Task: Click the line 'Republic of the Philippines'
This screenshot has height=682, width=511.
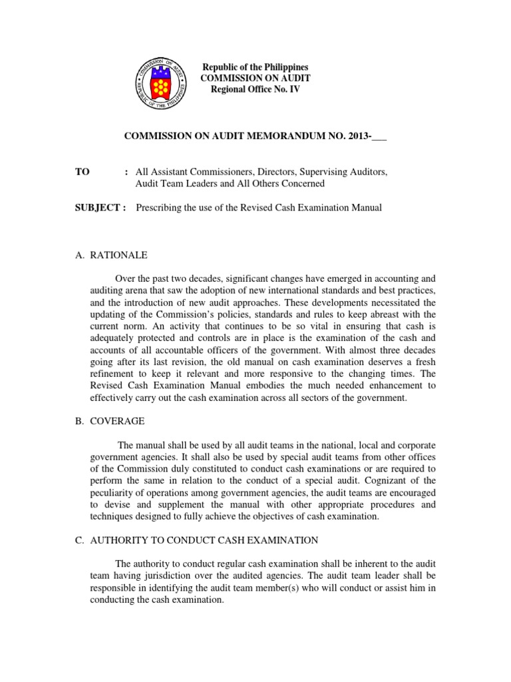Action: (255, 68)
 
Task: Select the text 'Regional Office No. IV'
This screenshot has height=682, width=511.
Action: (255, 89)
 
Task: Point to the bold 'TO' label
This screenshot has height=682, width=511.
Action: (83, 172)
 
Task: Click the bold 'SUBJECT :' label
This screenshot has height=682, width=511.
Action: (101, 208)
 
